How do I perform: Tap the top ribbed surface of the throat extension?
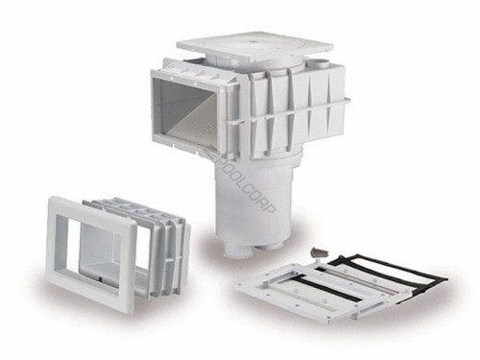point(134,207)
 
